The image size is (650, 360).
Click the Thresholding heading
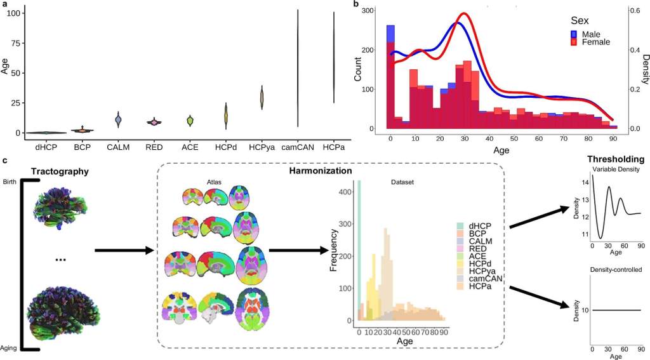pos(615,159)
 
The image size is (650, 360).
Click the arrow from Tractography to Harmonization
pos(124,250)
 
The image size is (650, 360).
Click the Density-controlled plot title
pos(615,269)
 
